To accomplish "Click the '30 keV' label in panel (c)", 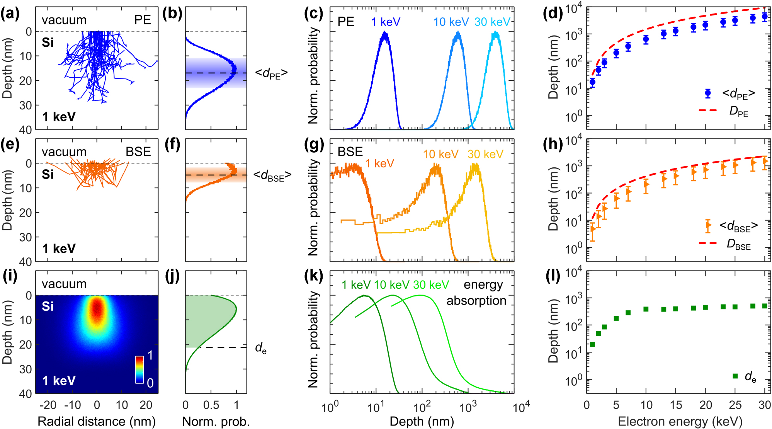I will pos(492,22).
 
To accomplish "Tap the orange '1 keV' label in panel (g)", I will pos(379,163).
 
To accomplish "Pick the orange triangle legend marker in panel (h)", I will pos(708,225).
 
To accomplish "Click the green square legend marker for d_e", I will pos(735,376).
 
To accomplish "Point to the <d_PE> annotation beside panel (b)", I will pos(271,73).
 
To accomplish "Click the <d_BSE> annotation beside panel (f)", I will pos(272,175).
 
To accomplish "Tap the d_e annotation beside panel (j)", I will pos(261,348).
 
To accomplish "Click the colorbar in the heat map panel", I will pos(139,369).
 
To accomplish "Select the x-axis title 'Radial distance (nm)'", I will pos(97,421).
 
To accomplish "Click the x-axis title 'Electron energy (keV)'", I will pos(680,421).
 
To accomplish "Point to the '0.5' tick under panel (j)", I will pos(211,405).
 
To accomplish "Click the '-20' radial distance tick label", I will pos(48,405).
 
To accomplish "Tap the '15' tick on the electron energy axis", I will pos(676,405).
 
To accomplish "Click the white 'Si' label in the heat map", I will pos(48,306).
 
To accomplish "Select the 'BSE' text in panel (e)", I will pos(138,152).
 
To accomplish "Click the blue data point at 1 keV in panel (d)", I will pos(592,82).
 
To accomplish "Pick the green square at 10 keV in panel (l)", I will pos(646,309).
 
